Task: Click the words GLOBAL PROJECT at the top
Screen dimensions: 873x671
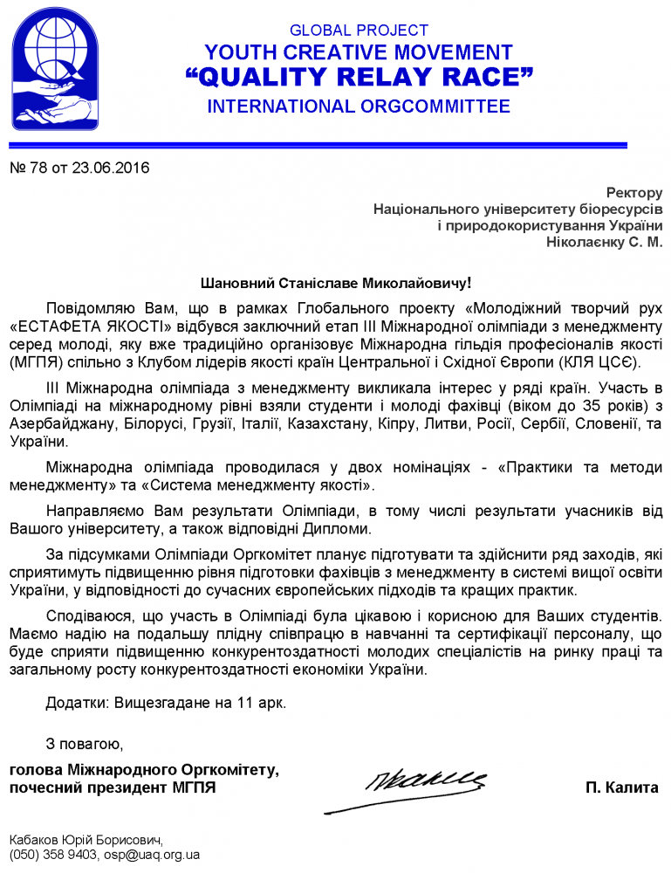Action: click(359, 31)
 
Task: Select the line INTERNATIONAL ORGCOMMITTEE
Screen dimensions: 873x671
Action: click(359, 107)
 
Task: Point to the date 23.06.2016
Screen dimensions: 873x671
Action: click(108, 168)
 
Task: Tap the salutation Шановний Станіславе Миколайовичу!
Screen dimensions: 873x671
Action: click(336, 284)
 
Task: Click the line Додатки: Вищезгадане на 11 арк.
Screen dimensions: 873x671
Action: click(166, 701)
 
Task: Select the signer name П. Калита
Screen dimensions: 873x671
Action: click(621, 787)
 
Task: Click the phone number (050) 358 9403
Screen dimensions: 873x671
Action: click(51, 855)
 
